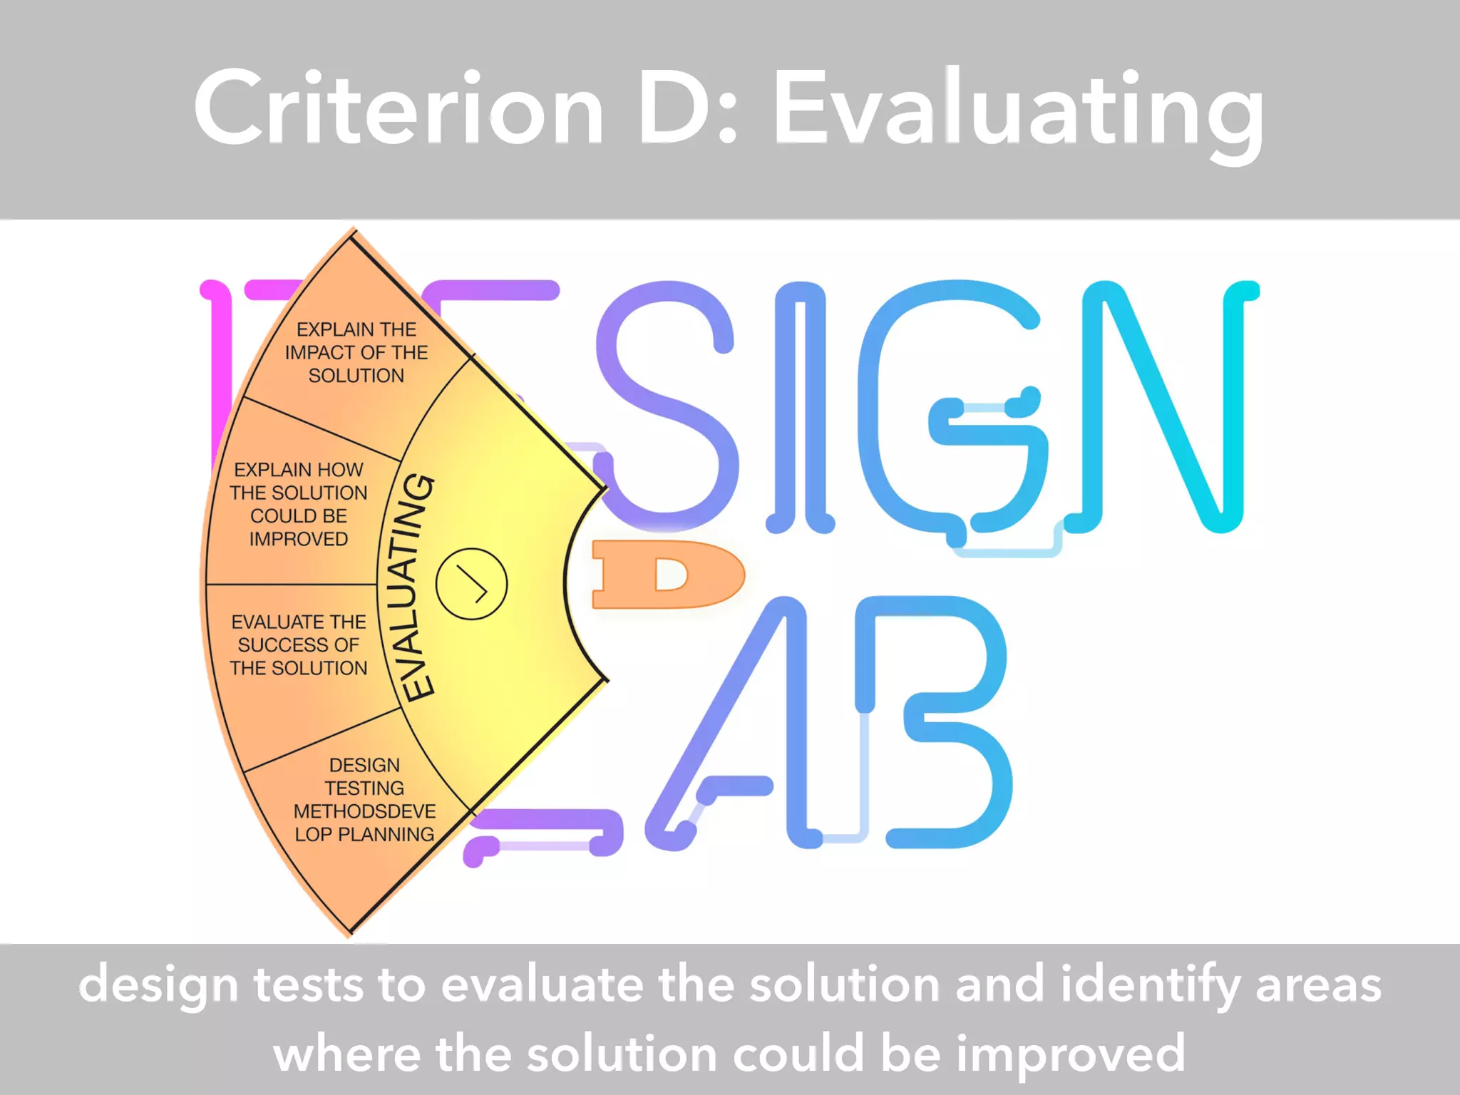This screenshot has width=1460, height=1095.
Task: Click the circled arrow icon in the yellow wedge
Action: point(471,584)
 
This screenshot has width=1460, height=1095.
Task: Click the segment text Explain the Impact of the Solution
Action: point(356,352)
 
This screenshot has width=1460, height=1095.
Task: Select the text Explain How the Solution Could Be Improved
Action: point(299,504)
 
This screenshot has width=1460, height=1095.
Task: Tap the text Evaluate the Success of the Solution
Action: point(299,644)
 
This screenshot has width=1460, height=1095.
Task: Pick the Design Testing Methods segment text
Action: point(364,799)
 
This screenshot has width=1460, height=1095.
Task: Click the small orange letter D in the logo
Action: point(667,575)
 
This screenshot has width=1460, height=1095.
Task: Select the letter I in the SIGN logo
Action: point(800,406)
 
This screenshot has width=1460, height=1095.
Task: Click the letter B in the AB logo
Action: point(934,720)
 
